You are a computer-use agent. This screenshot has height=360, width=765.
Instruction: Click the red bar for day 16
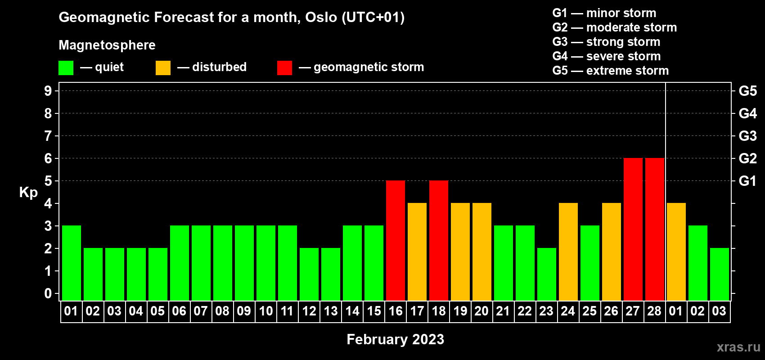tap(396, 240)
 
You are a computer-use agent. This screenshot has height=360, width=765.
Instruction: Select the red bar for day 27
tap(633, 229)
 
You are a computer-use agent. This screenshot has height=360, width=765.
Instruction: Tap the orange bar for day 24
tap(568, 252)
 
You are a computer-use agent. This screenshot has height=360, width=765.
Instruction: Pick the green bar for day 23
tap(547, 274)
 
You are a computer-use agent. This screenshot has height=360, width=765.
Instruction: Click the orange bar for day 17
tap(417, 252)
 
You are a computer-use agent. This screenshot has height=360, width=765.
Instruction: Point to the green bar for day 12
tap(309, 274)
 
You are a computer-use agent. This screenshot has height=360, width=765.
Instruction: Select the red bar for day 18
tap(439, 240)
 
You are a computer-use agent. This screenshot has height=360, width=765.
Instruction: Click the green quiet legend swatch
tap(66, 67)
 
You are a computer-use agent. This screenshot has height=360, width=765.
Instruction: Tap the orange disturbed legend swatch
tap(163, 67)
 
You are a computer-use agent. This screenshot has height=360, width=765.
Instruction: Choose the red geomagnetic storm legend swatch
tap(284, 67)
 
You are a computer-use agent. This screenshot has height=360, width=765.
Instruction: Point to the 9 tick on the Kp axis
tap(48, 91)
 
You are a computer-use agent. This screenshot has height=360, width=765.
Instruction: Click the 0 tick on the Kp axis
tap(48, 293)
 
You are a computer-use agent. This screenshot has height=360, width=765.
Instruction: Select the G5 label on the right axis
tap(747, 91)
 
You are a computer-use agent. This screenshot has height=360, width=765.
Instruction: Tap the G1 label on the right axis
tap(747, 181)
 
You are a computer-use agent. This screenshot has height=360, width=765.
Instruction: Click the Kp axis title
tap(28, 192)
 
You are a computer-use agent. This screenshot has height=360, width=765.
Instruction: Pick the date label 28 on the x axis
tap(654, 311)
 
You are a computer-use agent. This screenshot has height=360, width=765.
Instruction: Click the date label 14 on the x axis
tap(352, 311)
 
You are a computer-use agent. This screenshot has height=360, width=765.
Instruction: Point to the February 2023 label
tap(396, 339)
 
